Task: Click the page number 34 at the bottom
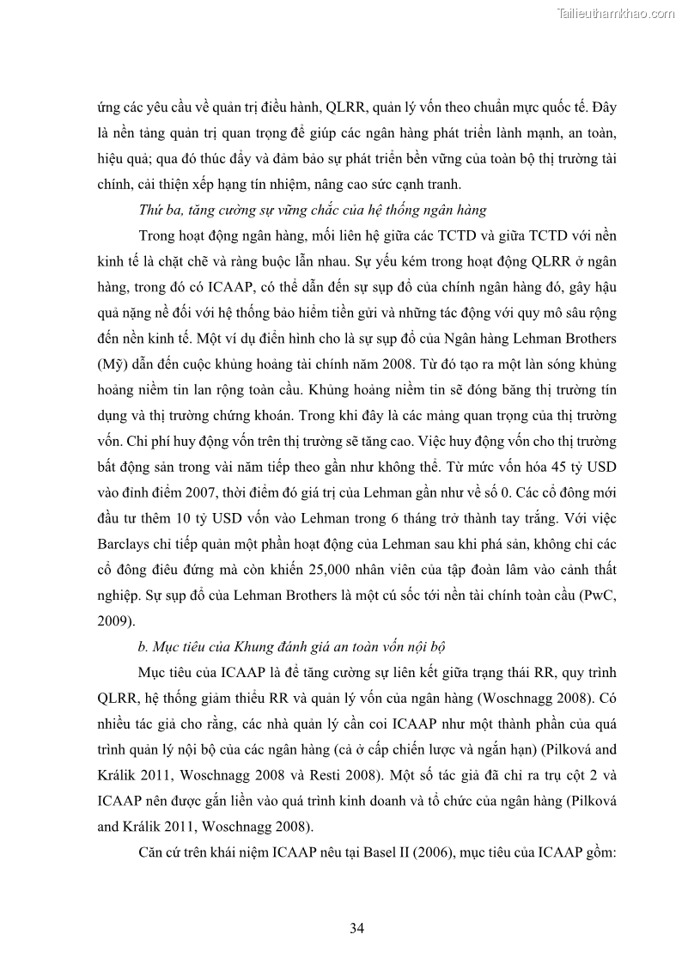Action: [358, 927]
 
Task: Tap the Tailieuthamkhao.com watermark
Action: [616, 13]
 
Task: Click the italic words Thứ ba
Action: [157, 209]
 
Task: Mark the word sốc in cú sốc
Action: [406, 594]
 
